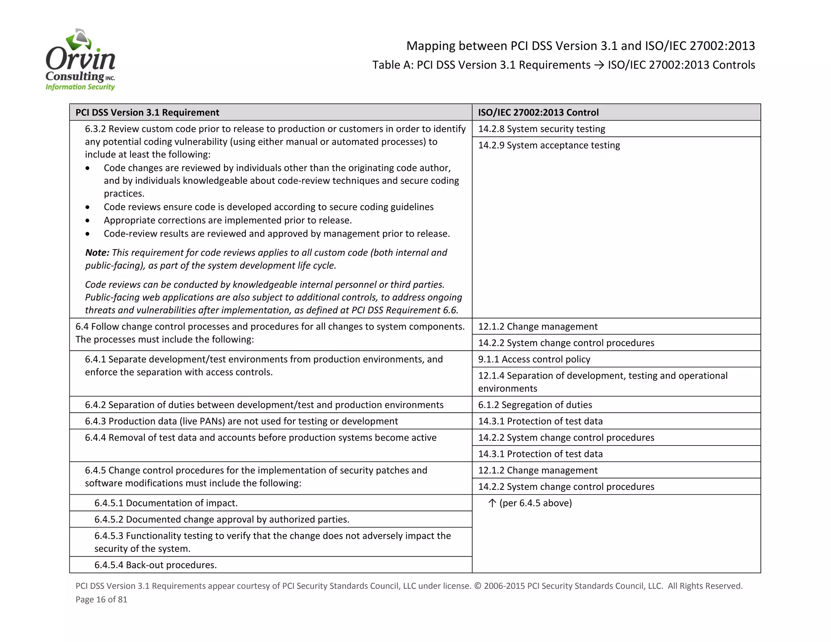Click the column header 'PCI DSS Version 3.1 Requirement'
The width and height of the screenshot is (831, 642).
pyautogui.click(x=147, y=112)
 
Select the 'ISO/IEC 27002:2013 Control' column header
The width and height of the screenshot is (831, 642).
pyautogui.click(x=538, y=112)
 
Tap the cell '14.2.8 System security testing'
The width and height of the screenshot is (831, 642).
pyautogui.click(x=541, y=129)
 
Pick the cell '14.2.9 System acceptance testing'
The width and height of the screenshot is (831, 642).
pyautogui.click(x=549, y=145)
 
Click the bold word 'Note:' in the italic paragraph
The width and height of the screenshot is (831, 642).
pyautogui.click(x=97, y=253)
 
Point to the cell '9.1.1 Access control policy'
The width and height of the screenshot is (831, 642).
pyautogui.click(x=534, y=360)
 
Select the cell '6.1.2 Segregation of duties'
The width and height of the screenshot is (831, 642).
pyautogui.click(x=535, y=405)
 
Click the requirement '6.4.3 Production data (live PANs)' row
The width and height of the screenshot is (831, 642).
pyautogui.click(x=241, y=421)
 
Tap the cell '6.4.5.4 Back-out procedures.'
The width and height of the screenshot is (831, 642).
pyautogui.click(x=155, y=565)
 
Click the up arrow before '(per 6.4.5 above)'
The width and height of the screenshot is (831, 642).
pyautogui.click(x=492, y=503)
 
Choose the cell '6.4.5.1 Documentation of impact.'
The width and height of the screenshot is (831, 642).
pyautogui.click(x=166, y=503)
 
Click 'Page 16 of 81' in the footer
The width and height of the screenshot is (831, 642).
pyautogui.click(x=101, y=599)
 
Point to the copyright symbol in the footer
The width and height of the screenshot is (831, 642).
pyautogui.click(x=478, y=586)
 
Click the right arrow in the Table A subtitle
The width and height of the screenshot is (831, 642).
pyautogui.click(x=599, y=65)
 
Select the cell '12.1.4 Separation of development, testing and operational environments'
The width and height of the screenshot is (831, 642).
pyautogui.click(x=603, y=382)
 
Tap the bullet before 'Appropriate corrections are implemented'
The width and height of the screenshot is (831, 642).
pyautogui.click(x=88, y=221)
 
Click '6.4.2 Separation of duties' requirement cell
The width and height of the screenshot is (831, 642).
pyautogui.click(x=264, y=405)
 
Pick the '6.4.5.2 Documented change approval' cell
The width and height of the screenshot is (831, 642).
pyautogui.click(x=222, y=519)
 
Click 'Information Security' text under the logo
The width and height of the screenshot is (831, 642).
pyautogui.click(x=80, y=87)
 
